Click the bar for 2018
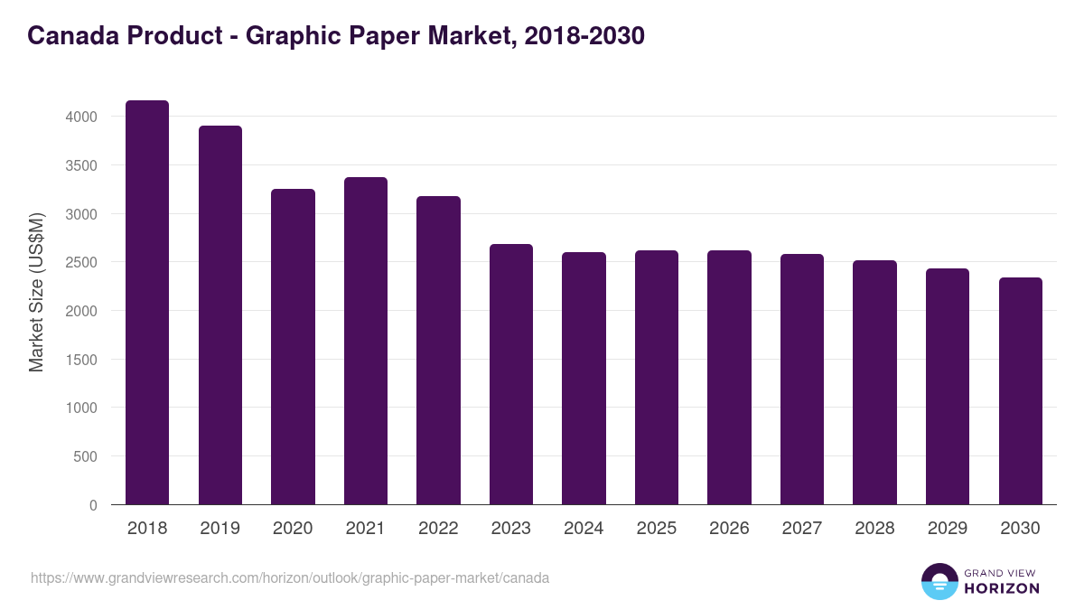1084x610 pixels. pyautogui.click(x=147, y=303)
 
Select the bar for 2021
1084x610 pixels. pyautogui.click(x=366, y=341)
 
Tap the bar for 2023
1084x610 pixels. pyautogui.click(x=511, y=374)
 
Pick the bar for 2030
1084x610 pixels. pyautogui.click(x=1021, y=391)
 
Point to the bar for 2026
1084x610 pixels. pyautogui.click(x=729, y=378)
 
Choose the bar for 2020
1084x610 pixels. pyautogui.click(x=293, y=347)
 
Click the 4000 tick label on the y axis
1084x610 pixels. pyautogui.click(x=79, y=117)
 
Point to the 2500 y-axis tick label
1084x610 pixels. pyautogui.click(x=79, y=263)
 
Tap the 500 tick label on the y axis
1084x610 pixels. pyautogui.click(x=84, y=457)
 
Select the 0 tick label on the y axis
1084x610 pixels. pyautogui.click(x=92, y=506)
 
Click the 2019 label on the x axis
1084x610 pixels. pyautogui.click(x=220, y=529)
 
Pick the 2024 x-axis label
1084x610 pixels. pyautogui.click(x=584, y=529)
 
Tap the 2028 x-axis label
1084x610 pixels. pyautogui.click(x=874, y=529)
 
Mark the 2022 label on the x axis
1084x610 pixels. pyautogui.click(x=438, y=529)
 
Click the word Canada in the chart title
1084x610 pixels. pyautogui.click(x=75, y=36)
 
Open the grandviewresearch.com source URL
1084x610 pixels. pyautogui.click(x=290, y=577)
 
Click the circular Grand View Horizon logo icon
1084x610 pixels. pyautogui.click(x=939, y=581)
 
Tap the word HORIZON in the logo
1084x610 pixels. pyautogui.click(x=1002, y=588)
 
